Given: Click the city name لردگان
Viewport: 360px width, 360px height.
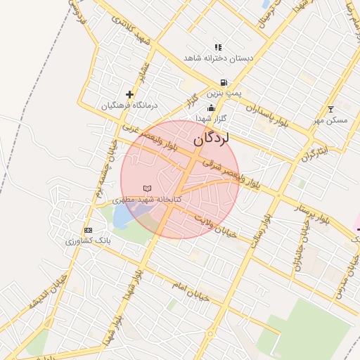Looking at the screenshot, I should point(211,139).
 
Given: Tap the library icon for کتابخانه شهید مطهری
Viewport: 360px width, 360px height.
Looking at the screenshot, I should point(147,188).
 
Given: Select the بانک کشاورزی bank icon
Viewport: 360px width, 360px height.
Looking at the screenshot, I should point(88,231).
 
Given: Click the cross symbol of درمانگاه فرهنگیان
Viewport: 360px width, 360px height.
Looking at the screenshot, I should point(129,94).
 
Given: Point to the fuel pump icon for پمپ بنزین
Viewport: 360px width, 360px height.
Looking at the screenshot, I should point(224,82).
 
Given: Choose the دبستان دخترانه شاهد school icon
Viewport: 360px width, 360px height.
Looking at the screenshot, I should point(218,47).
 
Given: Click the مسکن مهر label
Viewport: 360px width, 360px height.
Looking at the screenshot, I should point(330,120).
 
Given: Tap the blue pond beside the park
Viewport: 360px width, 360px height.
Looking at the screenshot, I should point(120,215).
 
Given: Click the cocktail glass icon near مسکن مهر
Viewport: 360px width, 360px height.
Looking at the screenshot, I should point(331,109).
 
